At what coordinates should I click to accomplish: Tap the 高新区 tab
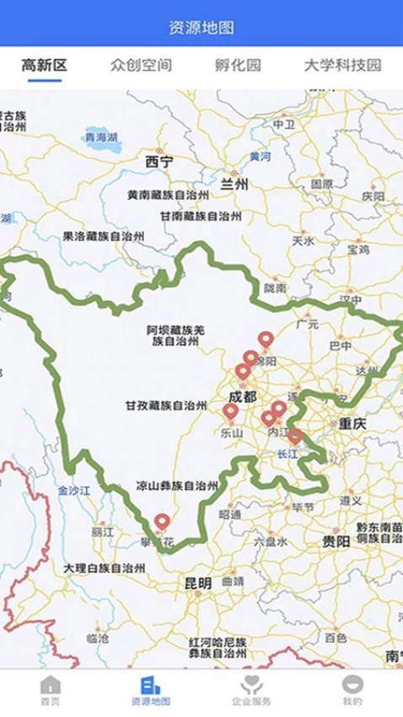[x=45, y=65]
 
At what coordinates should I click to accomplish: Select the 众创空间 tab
[x=141, y=65]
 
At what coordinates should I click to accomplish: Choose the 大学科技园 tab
[x=342, y=65]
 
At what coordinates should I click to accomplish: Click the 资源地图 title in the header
[x=201, y=28]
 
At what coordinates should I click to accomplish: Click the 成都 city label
[x=243, y=397]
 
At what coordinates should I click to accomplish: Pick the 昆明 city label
[x=199, y=584]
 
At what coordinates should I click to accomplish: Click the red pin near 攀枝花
[x=162, y=522]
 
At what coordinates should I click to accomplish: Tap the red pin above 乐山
[x=230, y=412]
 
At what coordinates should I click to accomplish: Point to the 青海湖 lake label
[x=100, y=137]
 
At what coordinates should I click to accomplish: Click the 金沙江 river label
[x=73, y=489]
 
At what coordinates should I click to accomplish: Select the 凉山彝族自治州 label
[x=177, y=486]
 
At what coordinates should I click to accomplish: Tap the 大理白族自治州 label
[x=104, y=569]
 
